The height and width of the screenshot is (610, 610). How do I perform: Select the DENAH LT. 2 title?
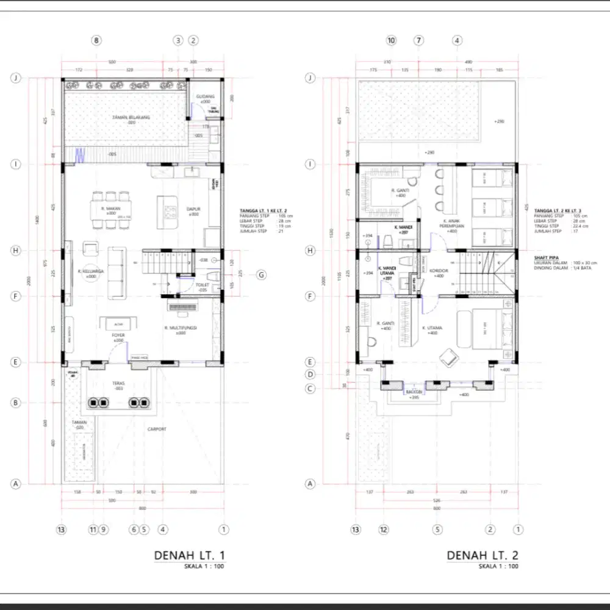pyautogui.click(x=482, y=556)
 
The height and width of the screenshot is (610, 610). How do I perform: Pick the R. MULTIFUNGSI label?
pyautogui.click(x=183, y=329)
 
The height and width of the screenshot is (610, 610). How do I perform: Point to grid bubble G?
pyautogui.click(x=261, y=275)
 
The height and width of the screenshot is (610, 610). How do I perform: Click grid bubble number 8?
pyautogui.click(x=96, y=41)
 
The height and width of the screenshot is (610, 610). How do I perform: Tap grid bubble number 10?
pyautogui.click(x=392, y=41)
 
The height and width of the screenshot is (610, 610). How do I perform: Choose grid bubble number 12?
pyautogui.click(x=384, y=529)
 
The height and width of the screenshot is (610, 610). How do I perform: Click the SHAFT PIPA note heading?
pyautogui.click(x=545, y=257)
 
